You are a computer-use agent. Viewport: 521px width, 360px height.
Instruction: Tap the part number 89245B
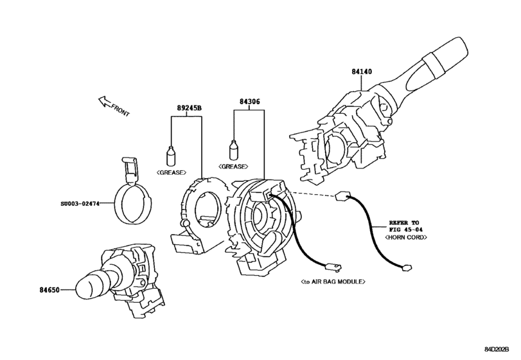click(190, 108)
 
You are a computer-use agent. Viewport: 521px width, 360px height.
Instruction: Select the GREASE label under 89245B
click(171, 172)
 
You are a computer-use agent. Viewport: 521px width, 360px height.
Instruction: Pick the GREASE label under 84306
click(234, 166)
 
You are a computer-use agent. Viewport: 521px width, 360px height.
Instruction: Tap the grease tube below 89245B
click(171, 156)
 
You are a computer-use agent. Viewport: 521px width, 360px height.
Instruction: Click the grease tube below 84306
click(234, 150)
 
